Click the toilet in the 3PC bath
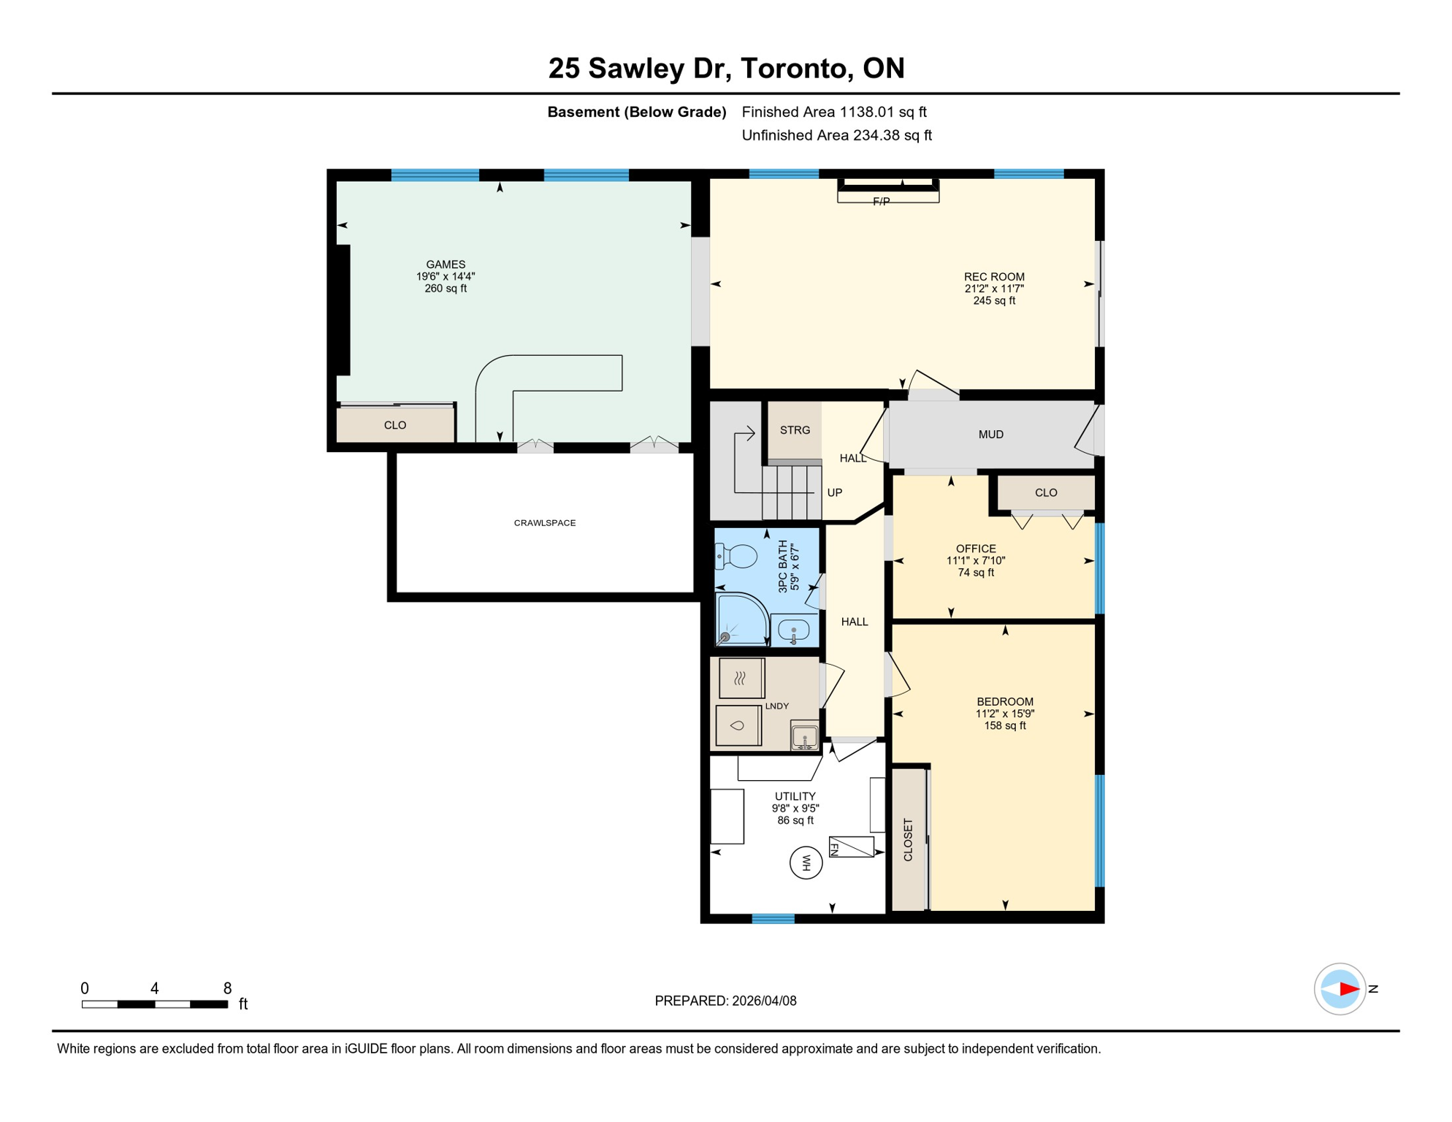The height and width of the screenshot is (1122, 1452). (x=738, y=557)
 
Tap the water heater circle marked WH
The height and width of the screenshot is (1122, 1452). (x=806, y=863)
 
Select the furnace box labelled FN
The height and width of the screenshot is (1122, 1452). (x=852, y=847)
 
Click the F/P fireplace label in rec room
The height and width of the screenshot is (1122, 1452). (x=882, y=202)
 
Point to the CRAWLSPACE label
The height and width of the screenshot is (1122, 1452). (x=545, y=523)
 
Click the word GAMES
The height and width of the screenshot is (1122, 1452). (x=446, y=264)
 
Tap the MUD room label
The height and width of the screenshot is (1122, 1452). (x=990, y=435)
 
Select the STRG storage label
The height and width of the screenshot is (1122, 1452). (x=795, y=430)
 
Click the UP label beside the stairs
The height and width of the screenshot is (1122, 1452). (x=835, y=492)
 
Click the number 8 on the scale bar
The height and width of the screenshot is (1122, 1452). (x=228, y=988)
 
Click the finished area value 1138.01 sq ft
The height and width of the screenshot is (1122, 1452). (x=882, y=112)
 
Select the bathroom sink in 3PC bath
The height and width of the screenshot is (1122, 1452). (x=793, y=629)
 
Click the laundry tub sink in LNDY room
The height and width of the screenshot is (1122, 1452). (x=804, y=736)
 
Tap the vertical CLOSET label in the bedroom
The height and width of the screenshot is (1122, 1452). (x=908, y=840)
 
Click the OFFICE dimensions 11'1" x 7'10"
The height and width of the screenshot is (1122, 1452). (x=976, y=561)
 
